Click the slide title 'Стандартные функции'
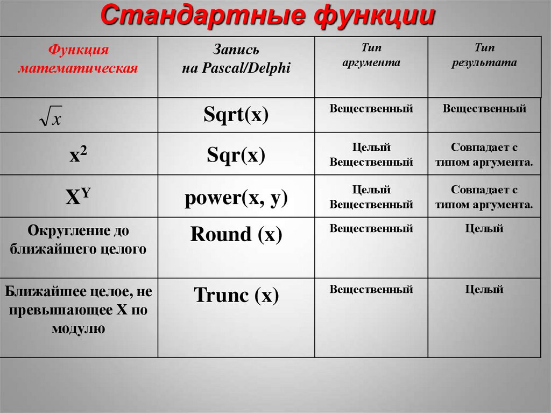point(267,16)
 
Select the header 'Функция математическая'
point(79,60)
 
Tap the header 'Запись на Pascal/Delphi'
point(236,60)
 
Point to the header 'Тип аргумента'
point(371,56)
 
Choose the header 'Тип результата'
point(484,56)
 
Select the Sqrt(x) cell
point(236,115)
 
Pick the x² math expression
point(79,155)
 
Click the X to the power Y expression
point(79,198)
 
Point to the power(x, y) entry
point(236,198)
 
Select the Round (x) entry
point(236,234)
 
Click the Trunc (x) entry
point(236,295)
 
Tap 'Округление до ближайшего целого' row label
point(79,240)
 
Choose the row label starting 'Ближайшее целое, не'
point(79,310)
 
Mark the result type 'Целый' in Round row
point(484,229)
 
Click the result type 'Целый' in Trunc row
point(484,290)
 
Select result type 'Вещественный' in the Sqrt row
point(484,109)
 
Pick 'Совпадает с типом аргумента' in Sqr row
point(484,155)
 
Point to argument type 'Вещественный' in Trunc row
point(371,290)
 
